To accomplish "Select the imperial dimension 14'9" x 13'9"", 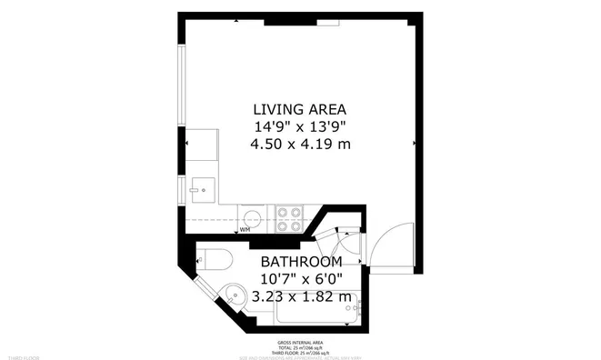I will point(300,125).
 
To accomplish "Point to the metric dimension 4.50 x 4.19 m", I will point(300,144).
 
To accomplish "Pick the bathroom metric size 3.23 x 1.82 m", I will point(300,296).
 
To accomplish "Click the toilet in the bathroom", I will point(213,260).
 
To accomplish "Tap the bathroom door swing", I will point(346,244).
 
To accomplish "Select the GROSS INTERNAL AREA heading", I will point(300,342).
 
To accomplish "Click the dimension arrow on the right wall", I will point(416,144).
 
